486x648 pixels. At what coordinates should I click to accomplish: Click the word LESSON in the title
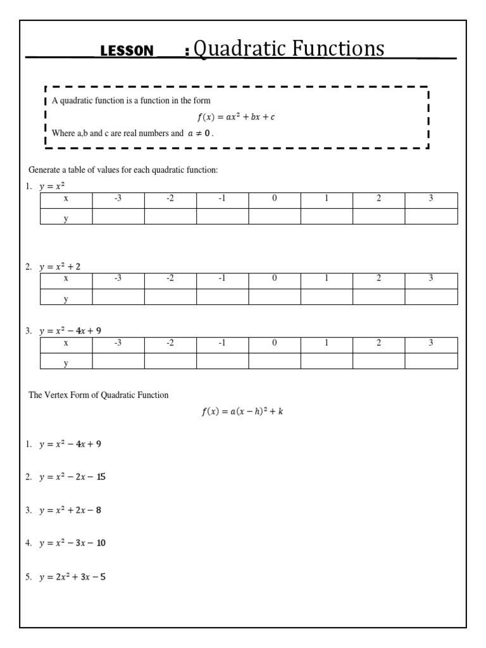[127, 51]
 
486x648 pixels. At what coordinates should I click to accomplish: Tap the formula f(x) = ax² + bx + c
[236, 117]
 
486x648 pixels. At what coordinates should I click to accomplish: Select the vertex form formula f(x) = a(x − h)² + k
[242, 411]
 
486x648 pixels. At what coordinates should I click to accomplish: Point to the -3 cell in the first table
[118, 199]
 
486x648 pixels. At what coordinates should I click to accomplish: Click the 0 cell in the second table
[274, 279]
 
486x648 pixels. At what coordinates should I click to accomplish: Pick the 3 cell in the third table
[431, 343]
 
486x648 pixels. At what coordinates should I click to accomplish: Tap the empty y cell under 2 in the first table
[378, 216]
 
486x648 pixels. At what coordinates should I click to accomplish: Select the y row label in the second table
[66, 297]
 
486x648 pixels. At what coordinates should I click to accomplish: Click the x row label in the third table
[66, 343]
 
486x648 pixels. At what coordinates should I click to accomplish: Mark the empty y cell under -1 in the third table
[222, 361]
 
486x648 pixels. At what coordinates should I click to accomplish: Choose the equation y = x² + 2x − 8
[70, 510]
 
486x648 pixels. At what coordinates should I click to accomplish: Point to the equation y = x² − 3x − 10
[72, 543]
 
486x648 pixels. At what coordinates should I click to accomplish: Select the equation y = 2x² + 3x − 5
[72, 576]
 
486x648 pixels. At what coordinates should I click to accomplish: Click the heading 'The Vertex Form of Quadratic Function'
[99, 395]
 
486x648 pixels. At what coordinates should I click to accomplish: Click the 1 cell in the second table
[327, 279]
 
